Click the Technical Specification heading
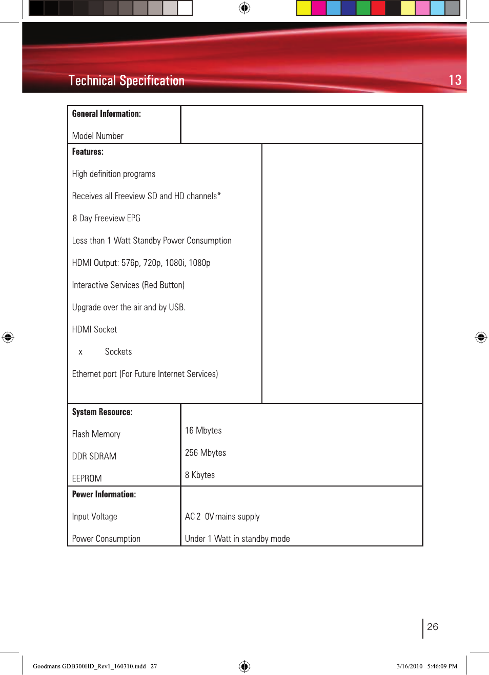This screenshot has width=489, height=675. coord(126,81)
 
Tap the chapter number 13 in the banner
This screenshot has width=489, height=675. coord(455,80)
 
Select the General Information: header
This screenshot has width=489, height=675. coord(106,114)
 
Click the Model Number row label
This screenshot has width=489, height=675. coord(97,136)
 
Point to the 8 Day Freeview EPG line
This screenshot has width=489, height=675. coord(106,218)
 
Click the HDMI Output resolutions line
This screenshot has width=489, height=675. coord(141,263)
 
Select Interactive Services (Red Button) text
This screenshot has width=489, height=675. coord(128,285)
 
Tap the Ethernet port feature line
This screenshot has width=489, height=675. coord(145,374)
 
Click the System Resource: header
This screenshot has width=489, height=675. coord(102,412)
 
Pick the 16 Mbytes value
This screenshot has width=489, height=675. coord(203,431)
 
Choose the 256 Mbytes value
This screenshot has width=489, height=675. coord(205,453)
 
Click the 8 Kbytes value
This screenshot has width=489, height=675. coord(199,475)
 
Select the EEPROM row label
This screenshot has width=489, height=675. coord(87,478)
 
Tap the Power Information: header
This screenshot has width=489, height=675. coord(104,494)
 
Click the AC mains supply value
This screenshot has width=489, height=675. coord(222,516)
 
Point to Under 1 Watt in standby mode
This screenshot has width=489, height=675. coord(237,539)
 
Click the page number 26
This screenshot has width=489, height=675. coord(432,627)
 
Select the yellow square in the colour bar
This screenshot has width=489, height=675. coord(304,8)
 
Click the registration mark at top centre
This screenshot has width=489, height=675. coord(244,8)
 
